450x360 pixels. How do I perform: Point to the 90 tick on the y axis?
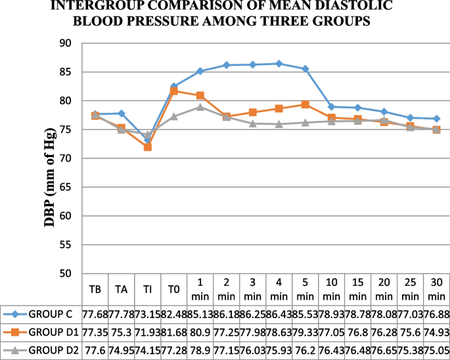click(x=65, y=43)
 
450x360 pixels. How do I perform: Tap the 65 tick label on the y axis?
click(x=65, y=187)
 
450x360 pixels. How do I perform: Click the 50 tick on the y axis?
click(x=65, y=273)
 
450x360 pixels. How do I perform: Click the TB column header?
click(x=95, y=289)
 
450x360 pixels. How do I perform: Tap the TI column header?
click(x=147, y=289)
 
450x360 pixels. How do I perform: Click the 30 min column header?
click(x=436, y=289)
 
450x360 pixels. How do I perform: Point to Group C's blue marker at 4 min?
click(x=279, y=64)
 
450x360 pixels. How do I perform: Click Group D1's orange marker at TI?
click(x=147, y=147)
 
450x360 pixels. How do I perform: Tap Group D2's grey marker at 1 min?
click(x=200, y=107)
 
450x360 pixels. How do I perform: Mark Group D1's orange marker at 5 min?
click(x=305, y=104)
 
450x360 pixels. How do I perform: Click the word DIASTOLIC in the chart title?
click(x=334, y=6)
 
